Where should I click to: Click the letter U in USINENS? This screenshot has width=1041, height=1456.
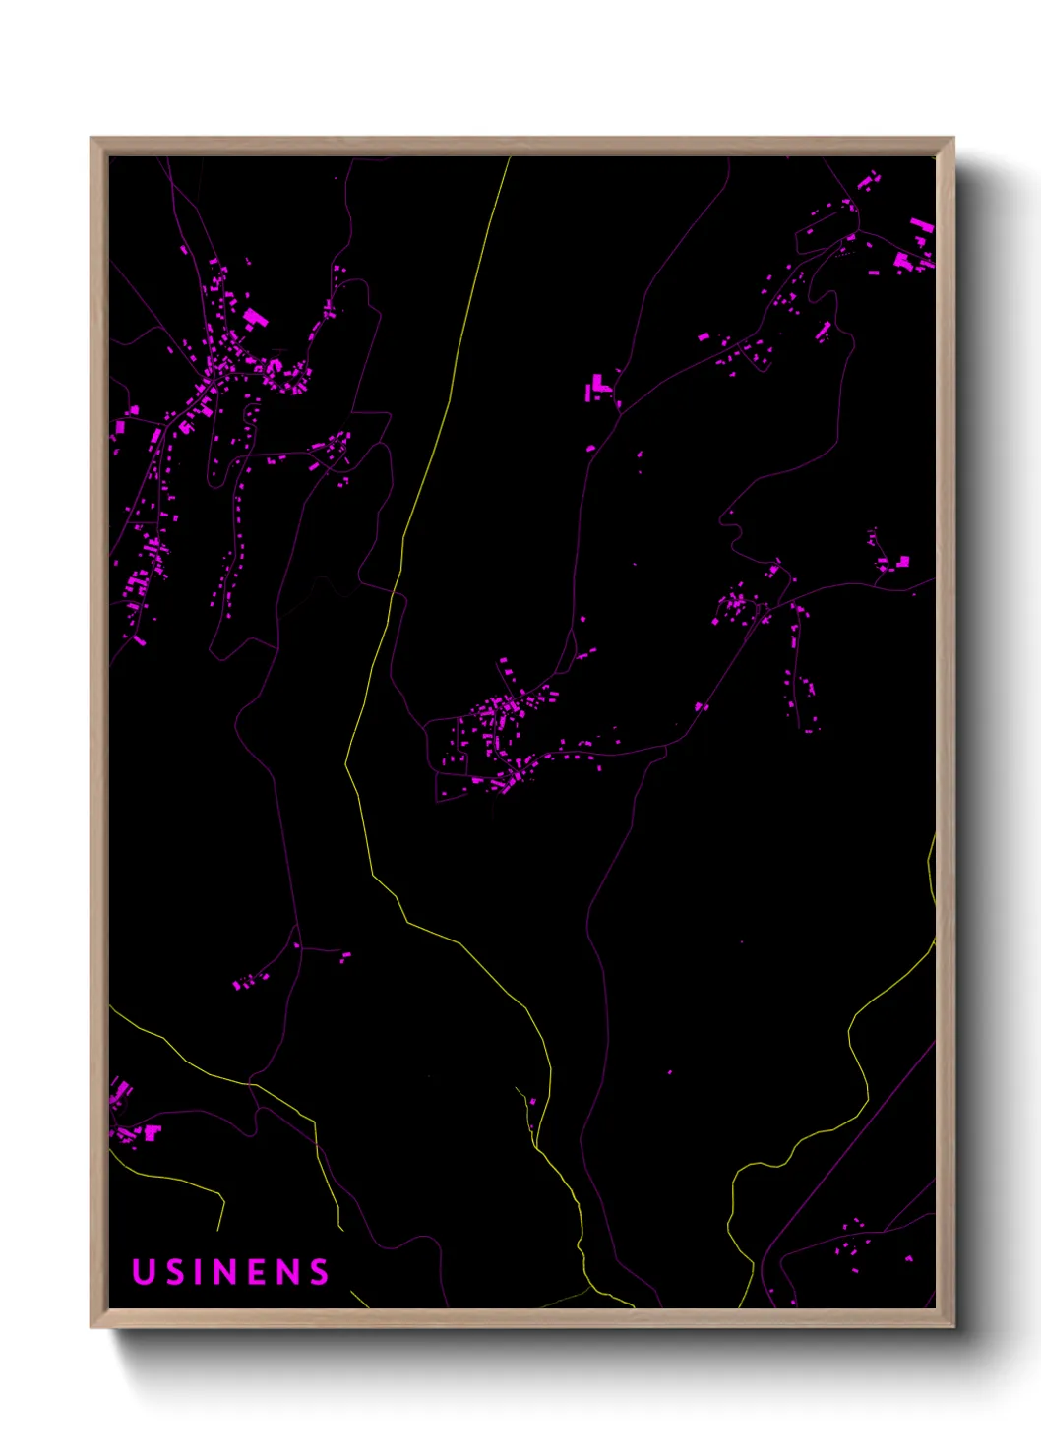(144, 1272)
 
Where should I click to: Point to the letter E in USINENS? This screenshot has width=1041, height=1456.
(258, 1272)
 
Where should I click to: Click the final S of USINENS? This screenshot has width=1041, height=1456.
(319, 1272)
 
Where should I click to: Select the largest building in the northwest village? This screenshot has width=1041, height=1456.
(255, 317)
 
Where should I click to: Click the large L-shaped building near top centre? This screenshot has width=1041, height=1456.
(598, 388)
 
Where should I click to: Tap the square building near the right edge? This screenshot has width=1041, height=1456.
(902, 562)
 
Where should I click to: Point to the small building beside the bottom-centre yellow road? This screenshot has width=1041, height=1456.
(532, 1101)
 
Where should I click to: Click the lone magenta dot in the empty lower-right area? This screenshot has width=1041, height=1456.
(670, 1071)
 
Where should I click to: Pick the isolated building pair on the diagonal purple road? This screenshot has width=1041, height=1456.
(700, 706)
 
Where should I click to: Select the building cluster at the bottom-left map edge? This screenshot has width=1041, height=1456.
(128, 1117)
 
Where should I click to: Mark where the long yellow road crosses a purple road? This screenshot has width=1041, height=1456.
(394, 593)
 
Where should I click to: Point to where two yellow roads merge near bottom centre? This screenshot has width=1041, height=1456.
(534, 1144)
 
